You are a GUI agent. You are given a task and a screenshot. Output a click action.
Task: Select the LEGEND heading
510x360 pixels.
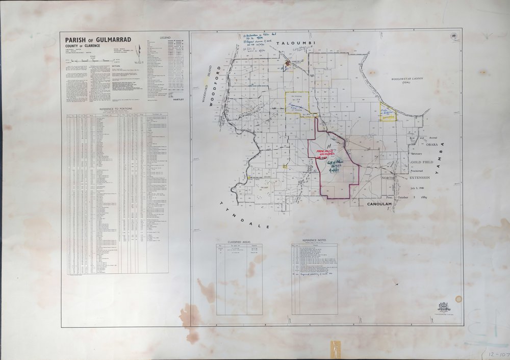point(166,38)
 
